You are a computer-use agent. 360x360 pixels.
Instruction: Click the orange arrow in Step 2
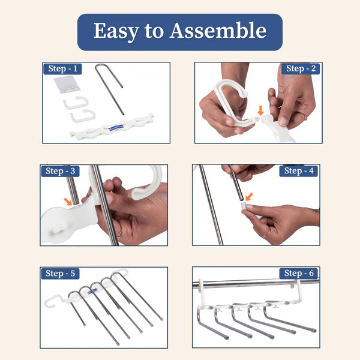point(259,110)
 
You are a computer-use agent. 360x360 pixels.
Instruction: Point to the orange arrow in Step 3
point(68,202)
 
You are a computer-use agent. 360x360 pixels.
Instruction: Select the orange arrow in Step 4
point(248,196)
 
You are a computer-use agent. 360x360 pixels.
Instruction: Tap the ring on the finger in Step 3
point(119,235)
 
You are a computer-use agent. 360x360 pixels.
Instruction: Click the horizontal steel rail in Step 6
point(252,284)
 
